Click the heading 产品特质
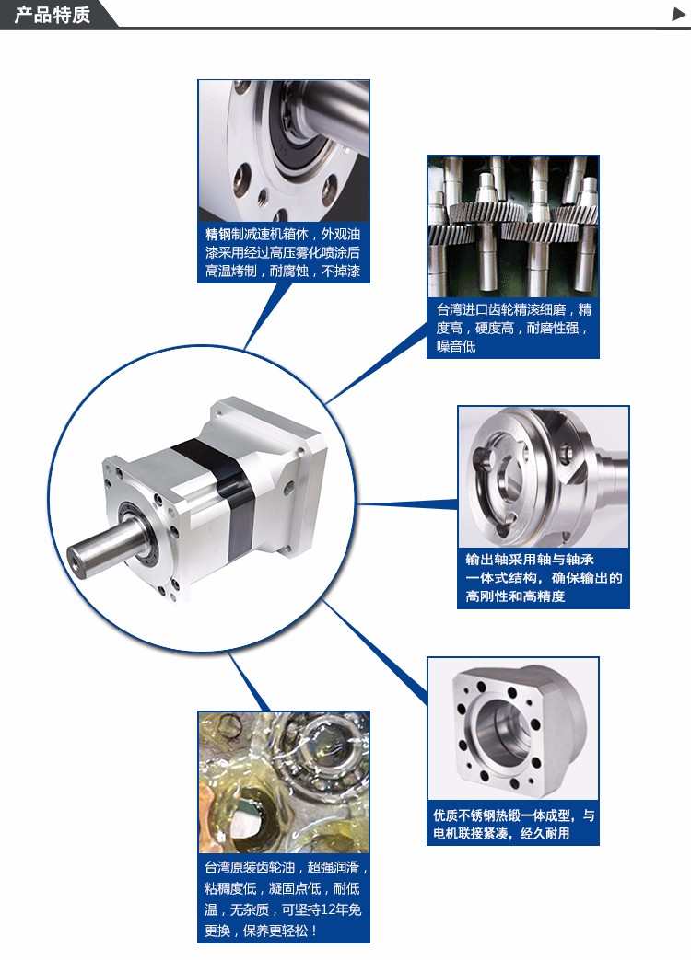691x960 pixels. pos(53,14)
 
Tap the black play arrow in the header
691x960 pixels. pos(679,14)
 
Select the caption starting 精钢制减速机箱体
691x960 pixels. pos(283,252)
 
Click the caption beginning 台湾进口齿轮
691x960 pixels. pos(513,329)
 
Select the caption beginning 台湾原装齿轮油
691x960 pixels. pos(286,898)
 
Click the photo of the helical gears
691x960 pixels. pos(513,227)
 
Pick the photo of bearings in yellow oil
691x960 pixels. pos(284,782)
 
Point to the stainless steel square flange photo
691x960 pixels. pos(513,729)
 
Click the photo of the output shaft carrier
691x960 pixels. pos(544,477)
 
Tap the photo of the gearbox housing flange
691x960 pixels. pos(284,151)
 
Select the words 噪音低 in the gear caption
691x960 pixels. pos(456,346)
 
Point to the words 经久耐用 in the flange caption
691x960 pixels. pos(545,833)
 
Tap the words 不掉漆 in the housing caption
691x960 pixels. pos(341,271)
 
